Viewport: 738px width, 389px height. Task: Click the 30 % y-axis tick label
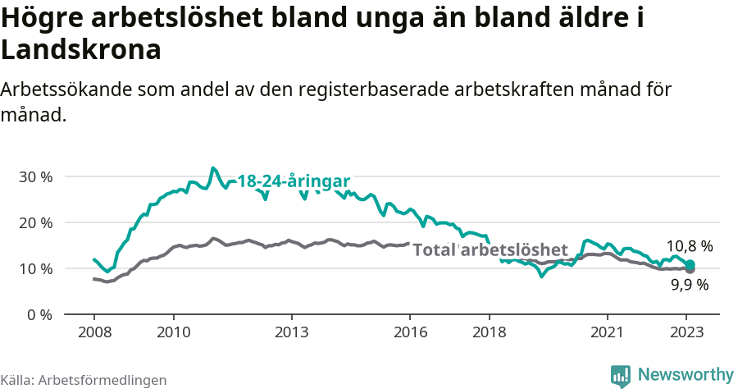[x=35, y=176]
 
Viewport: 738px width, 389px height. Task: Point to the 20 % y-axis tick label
[x=35, y=222]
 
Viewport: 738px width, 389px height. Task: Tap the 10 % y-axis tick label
[x=35, y=268]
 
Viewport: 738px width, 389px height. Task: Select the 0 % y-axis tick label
[x=39, y=314]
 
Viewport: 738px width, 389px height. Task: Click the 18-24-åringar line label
[x=294, y=181]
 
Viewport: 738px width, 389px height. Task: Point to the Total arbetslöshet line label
[x=490, y=249]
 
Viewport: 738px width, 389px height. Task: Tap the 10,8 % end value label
[x=689, y=245]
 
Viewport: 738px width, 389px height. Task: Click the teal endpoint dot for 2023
[x=690, y=264]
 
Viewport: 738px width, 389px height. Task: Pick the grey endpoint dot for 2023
[x=690, y=269]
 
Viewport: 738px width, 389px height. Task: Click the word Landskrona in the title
[x=80, y=49]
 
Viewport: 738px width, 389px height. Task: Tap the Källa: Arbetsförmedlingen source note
[x=84, y=380]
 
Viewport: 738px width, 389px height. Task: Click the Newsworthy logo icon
[x=621, y=375]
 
